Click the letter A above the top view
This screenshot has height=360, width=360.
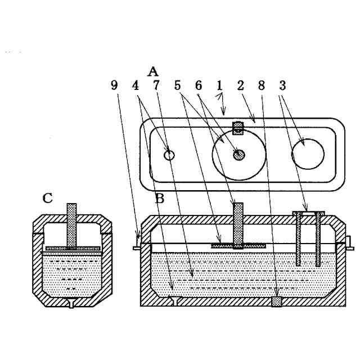[x=153, y=71]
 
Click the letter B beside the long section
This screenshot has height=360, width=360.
[x=159, y=198]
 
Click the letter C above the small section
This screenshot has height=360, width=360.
[x=48, y=198]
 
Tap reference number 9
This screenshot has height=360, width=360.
[x=115, y=85]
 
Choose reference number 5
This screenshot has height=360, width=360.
[x=177, y=85]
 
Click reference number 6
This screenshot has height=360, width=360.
[x=198, y=85]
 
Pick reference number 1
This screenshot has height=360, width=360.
[x=219, y=85]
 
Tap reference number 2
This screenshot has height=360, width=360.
[x=240, y=85]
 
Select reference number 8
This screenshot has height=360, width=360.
[x=261, y=85]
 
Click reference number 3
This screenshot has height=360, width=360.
[x=282, y=85]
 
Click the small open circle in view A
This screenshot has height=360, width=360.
[x=169, y=155]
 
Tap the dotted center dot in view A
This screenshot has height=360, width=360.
[x=239, y=154]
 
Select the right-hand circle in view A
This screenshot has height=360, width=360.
[x=307, y=152]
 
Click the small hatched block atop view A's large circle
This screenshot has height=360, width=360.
[x=238, y=128]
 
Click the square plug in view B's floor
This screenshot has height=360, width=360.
[x=276, y=302]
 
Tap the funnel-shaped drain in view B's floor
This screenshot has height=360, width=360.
[x=175, y=301]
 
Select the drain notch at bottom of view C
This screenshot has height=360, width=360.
[x=71, y=303]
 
